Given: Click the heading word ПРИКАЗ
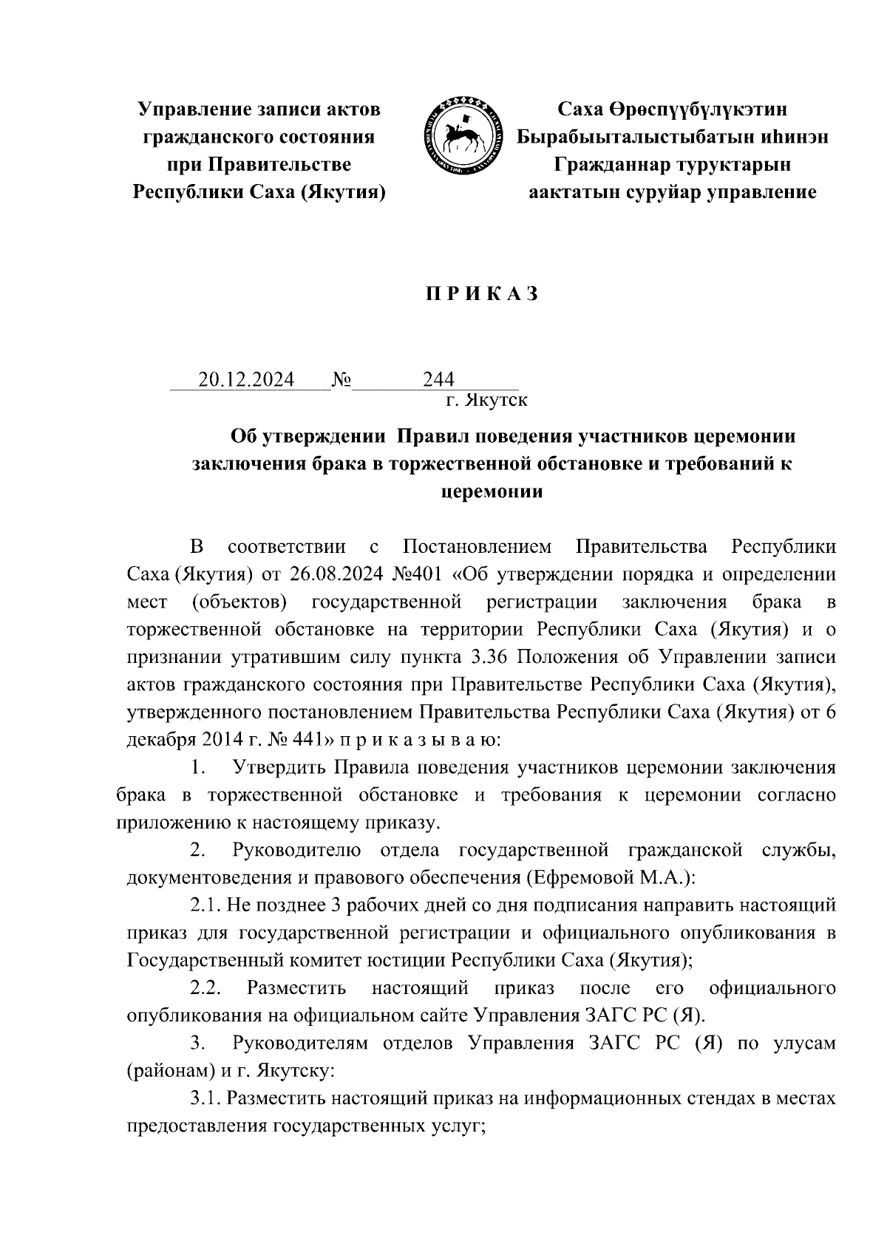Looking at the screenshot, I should [x=480, y=294].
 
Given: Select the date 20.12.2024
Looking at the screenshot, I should [x=246, y=380].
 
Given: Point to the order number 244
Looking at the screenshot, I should [x=438, y=380].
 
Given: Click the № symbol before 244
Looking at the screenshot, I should [x=341, y=380].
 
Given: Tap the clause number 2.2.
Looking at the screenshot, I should [x=206, y=988].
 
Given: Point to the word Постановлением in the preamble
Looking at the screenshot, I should [x=478, y=548].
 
